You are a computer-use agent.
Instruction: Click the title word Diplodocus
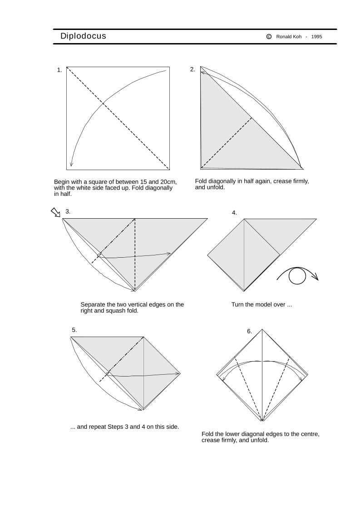(x=83, y=36)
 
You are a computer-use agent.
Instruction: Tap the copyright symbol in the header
(x=269, y=36)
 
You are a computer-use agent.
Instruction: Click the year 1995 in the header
(x=317, y=36)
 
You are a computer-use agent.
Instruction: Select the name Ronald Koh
(x=289, y=36)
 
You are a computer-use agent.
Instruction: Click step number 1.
(x=59, y=70)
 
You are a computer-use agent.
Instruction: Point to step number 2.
(x=192, y=69)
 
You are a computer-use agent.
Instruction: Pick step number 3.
(x=68, y=211)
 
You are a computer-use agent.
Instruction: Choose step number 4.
(x=234, y=212)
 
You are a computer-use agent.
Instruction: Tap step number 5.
(x=74, y=330)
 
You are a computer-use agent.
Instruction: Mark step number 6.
(x=249, y=331)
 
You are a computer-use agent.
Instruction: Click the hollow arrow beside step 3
(x=55, y=212)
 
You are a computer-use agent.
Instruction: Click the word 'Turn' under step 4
(x=238, y=304)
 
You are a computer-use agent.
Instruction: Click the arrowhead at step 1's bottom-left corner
(x=71, y=164)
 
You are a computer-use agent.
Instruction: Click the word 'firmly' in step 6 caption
(x=231, y=440)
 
